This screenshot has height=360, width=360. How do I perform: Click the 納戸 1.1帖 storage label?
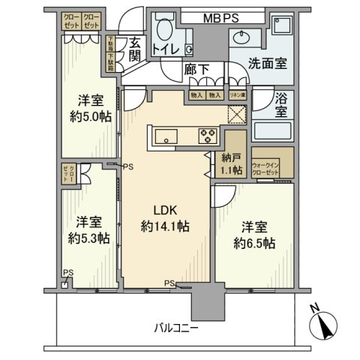point(231,164)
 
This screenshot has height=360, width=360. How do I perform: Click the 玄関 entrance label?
point(134,50)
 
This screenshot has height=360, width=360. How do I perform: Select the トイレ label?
point(166,49)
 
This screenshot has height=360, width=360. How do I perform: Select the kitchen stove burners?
point(208,135)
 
